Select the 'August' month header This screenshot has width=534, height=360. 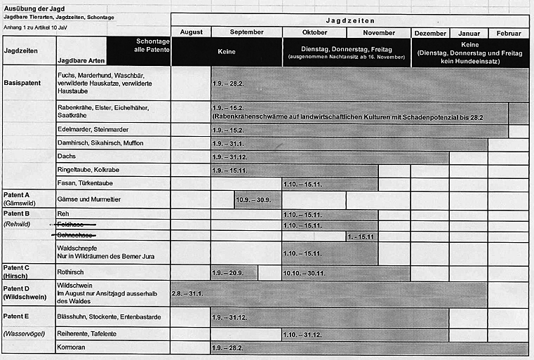[191, 32]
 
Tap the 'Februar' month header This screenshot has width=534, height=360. [508, 33]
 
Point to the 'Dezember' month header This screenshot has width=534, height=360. [430, 33]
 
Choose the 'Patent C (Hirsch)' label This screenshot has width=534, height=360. [17, 272]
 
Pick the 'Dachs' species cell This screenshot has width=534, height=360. [67, 156]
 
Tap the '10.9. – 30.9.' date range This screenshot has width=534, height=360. [253, 200]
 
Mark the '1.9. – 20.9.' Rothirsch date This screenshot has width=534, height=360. [227, 273]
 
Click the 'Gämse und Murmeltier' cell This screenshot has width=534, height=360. [89, 199]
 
